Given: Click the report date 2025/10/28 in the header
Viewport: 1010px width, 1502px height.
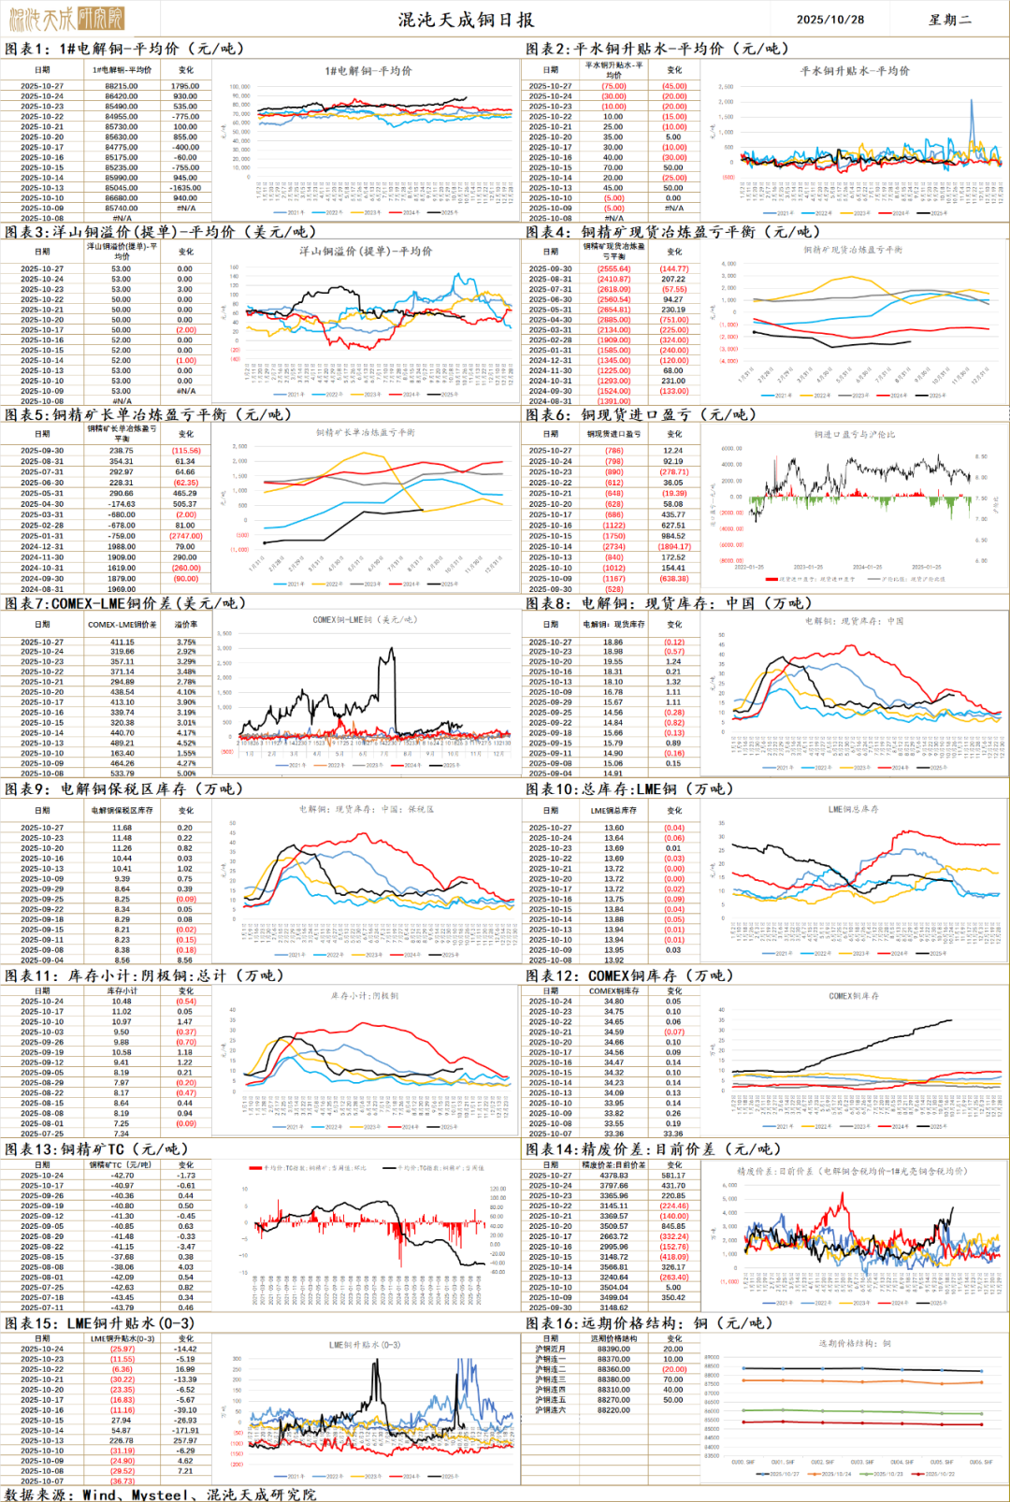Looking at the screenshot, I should click(x=830, y=19).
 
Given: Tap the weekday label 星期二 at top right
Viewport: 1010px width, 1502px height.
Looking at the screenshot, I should click(x=950, y=19).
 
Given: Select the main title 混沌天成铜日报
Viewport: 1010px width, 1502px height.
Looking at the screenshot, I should click(x=466, y=19).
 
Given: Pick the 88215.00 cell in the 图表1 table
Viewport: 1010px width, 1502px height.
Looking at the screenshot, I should click(x=122, y=86).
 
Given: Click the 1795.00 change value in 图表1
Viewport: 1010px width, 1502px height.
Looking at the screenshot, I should click(x=185, y=86).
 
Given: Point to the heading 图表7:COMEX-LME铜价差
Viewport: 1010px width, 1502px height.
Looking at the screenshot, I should click(x=125, y=603).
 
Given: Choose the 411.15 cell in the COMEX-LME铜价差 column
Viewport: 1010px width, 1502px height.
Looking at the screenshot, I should click(x=122, y=643).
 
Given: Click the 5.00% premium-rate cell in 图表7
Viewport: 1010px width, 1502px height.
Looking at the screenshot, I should click(x=186, y=773).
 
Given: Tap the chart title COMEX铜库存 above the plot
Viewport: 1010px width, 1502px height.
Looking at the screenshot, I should click(x=854, y=996).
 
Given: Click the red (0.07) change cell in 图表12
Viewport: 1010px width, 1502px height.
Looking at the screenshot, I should click(x=673, y=1032).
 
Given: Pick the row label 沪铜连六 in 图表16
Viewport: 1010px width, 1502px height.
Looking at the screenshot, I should click(x=550, y=1409).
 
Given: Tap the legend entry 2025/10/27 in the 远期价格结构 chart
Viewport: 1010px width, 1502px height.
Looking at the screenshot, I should click(x=785, y=1473).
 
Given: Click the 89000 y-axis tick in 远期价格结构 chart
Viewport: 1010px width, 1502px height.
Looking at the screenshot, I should click(x=712, y=1357).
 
